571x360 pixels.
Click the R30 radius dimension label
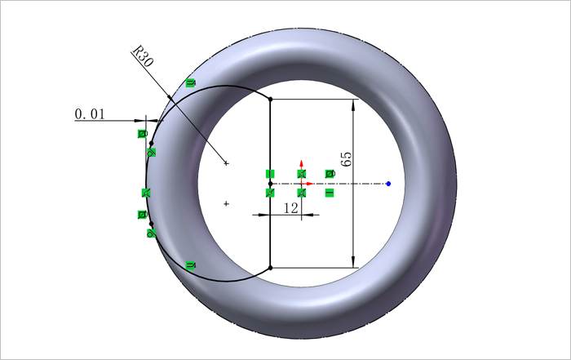[x=143, y=56]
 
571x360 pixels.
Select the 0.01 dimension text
[x=90, y=114]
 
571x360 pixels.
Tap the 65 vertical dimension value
[x=347, y=159]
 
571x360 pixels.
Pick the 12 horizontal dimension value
[x=290, y=208]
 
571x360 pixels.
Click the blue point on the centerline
[x=388, y=184]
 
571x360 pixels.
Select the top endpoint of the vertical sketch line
[x=270, y=99]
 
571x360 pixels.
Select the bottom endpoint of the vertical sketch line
[x=270, y=268]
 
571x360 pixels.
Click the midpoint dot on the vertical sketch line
[x=270, y=184]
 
